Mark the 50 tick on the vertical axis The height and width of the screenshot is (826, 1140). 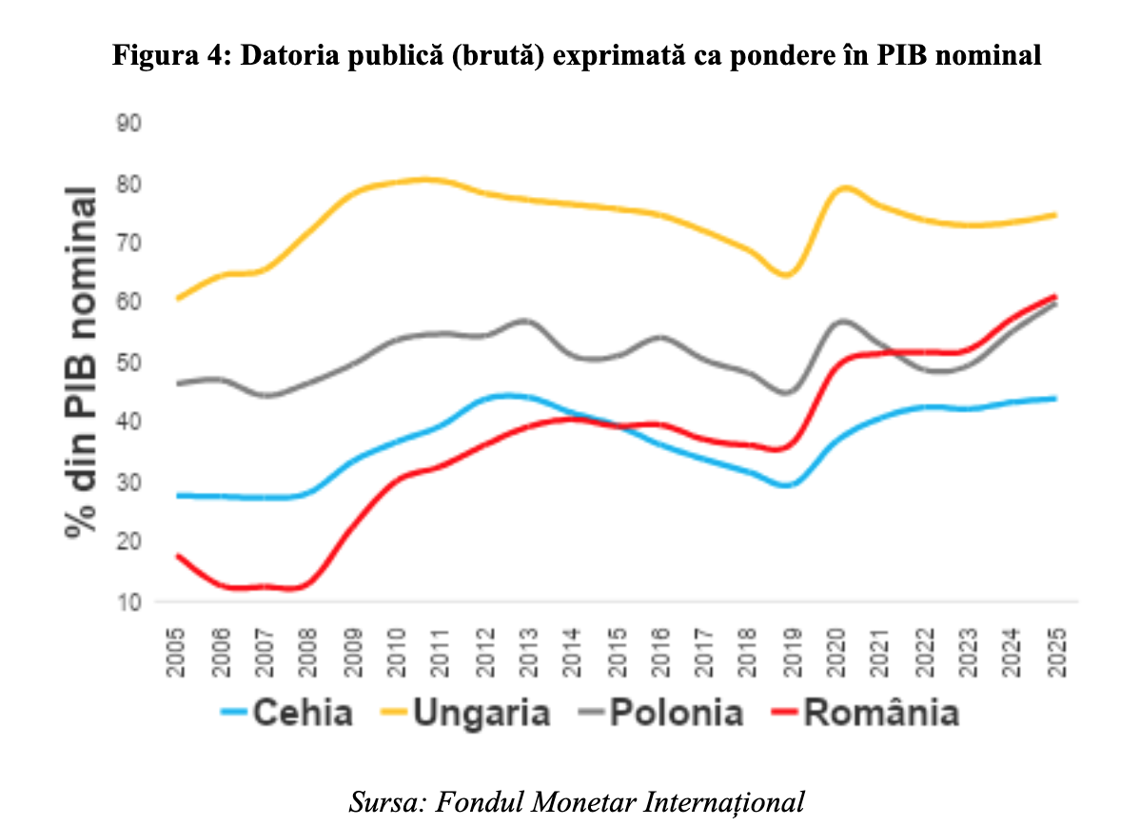coord(128,363)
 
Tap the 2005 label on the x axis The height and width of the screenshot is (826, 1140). coord(177,652)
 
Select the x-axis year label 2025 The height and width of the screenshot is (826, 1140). coord(1053,652)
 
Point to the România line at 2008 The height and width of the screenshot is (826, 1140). coord(303,586)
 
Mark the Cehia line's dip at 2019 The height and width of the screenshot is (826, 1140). coord(788,485)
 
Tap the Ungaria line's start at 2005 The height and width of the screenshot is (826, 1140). coord(178,298)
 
